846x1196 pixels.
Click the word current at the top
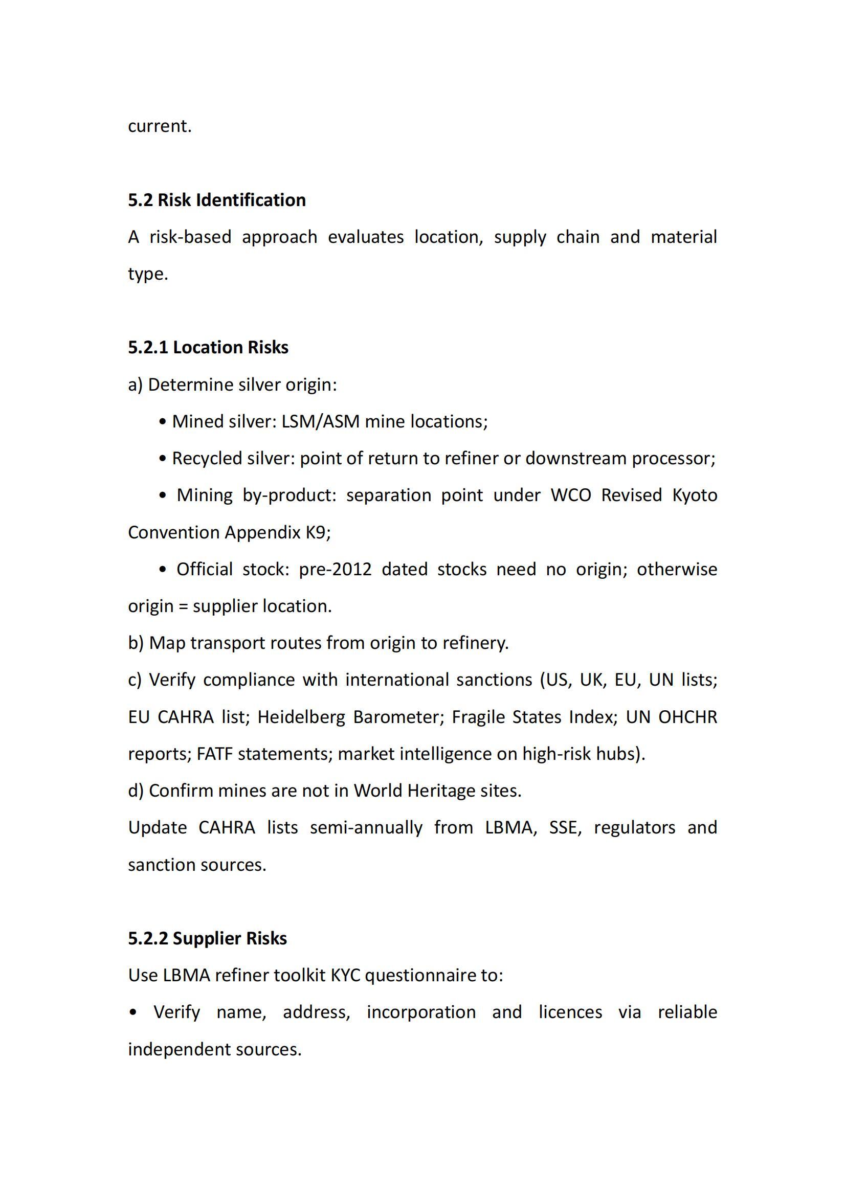pyautogui.click(x=160, y=126)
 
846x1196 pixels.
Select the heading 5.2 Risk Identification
pyautogui.click(x=217, y=200)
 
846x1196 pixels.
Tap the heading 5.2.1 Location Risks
pyautogui.click(x=208, y=347)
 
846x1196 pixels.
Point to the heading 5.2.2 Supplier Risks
pyautogui.click(x=207, y=938)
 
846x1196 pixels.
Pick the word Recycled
pyautogui.click(x=207, y=458)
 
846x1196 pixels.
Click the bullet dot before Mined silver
pyautogui.click(x=163, y=421)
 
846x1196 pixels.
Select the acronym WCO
pyautogui.click(x=570, y=495)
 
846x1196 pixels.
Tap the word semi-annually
pyautogui.click(x=366, y=828)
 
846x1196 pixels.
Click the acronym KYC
pyautogui.click(x=345, y=975)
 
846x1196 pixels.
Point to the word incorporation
pyautogui.click(x=421, y=1012)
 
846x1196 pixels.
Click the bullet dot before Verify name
pyautogui.click(x=134, y=1012)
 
